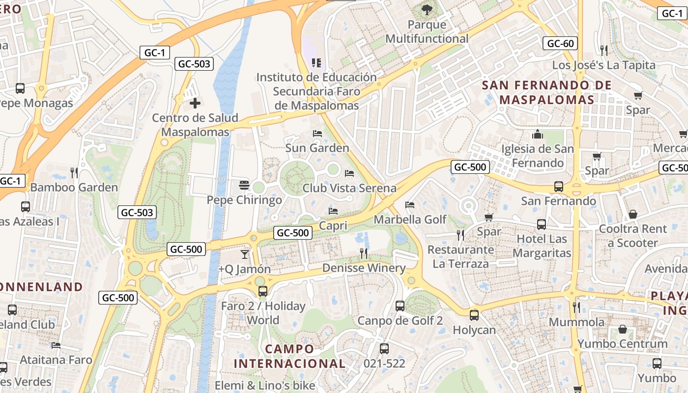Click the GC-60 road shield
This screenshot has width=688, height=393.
(560, 43)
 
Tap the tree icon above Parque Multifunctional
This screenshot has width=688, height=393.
(427, 9)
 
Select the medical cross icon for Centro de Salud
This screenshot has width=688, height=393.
(195, 103)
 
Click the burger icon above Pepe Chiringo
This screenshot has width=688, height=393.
(244, 185)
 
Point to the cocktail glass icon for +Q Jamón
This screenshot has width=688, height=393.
(244, 254)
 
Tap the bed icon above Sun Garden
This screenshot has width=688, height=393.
(317, 134)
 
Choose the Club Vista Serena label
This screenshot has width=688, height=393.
(349, 188)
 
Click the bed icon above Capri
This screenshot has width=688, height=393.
(333, 211)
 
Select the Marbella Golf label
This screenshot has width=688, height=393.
(410, 219)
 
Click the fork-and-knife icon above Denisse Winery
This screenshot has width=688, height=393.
(364, 253)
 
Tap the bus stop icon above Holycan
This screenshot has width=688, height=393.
(474, 315)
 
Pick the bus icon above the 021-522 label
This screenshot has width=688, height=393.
(384, 348)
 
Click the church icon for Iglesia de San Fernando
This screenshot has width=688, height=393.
(538, 134)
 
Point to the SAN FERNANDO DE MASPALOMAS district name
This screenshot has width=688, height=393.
(546, 92)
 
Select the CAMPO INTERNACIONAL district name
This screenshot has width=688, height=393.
(289, 356)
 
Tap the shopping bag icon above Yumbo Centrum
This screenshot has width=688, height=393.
(623, 329)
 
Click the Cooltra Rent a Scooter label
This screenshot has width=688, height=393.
(632, 236)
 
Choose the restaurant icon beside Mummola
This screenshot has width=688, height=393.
(576, 308)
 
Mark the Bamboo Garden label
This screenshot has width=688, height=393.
(74, 187)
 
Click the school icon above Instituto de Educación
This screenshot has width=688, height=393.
(316, 62)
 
